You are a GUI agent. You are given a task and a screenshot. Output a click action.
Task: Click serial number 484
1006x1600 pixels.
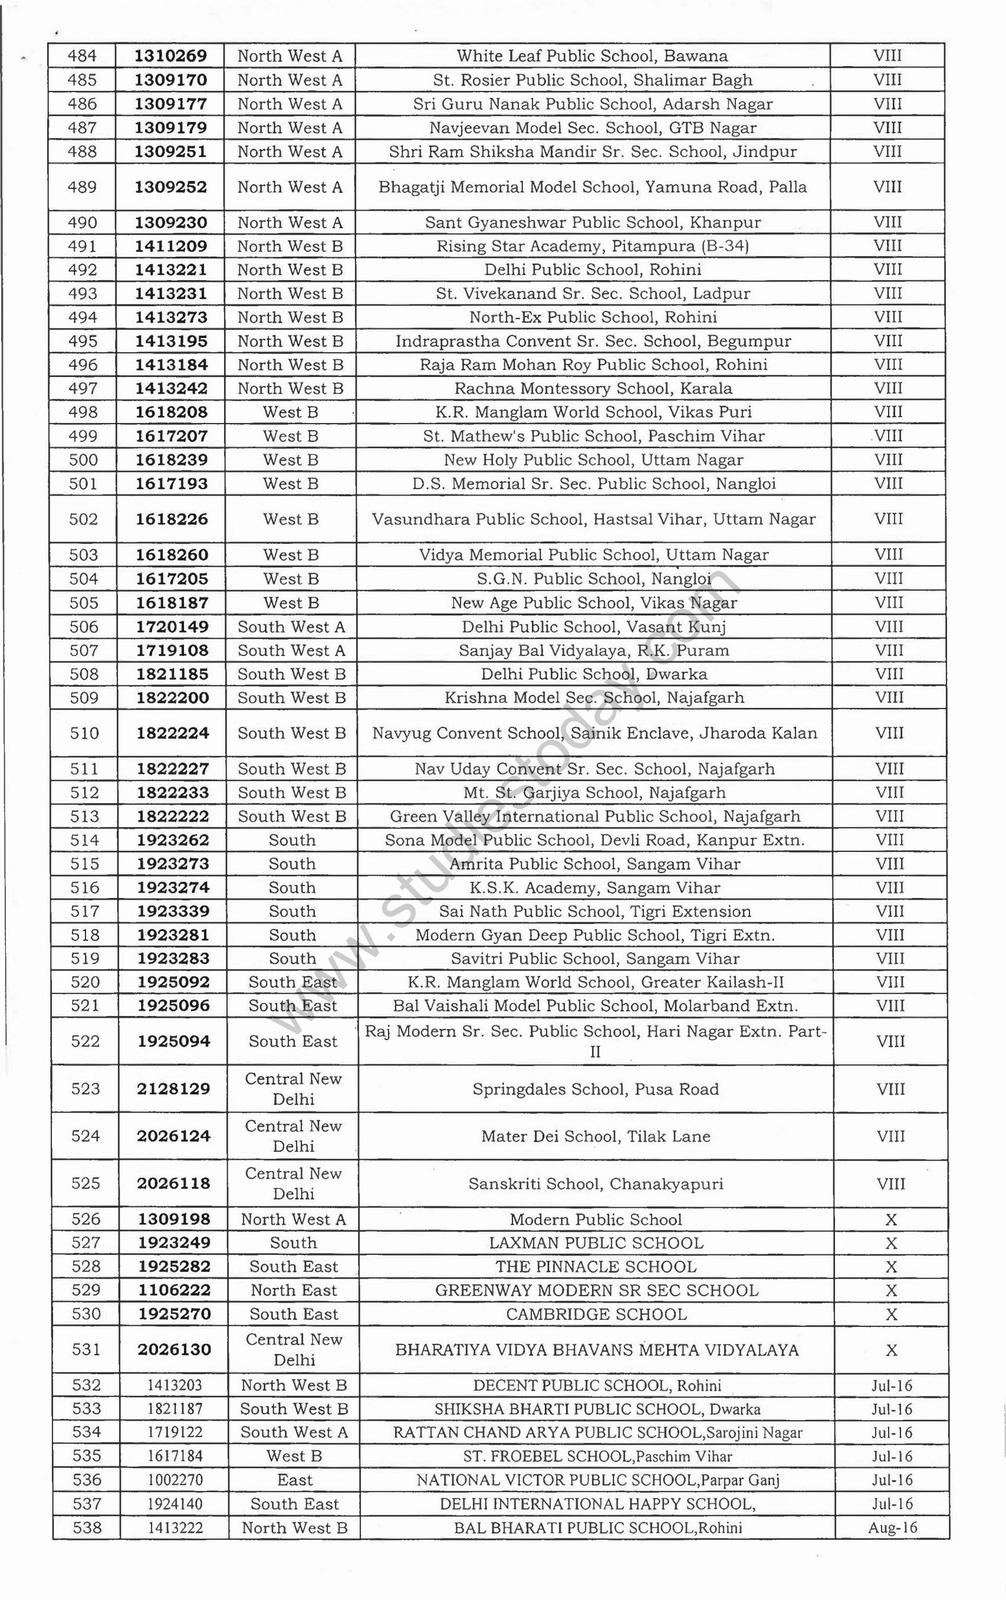(x=82, y=57)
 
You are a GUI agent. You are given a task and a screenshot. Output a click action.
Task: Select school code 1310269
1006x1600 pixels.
(x=170, y=57)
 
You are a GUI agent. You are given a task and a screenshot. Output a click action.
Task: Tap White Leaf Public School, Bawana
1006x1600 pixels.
(x=591, y=57)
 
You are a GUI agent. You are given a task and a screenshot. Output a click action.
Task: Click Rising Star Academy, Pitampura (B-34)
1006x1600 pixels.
(x=592, y=247)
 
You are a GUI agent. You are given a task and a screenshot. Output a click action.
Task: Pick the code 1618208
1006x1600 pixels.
(x=172, y=412)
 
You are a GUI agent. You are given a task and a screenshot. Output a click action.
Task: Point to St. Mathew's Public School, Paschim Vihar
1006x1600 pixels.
(x=594, y=437)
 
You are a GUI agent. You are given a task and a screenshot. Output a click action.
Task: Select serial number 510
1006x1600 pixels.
(x=84, y=733)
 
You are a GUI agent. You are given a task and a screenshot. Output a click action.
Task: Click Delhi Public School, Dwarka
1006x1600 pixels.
(x=594, y=674)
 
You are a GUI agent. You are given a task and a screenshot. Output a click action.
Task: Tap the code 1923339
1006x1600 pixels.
(x=173, y=912)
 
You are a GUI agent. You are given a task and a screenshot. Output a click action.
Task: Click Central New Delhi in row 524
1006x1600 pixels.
(x=293, y=1136)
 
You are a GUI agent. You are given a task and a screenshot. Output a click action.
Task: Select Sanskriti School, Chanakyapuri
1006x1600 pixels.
(x=596, y=1184)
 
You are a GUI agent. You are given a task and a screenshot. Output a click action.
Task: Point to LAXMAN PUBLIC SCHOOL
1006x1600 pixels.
(x=596, y=1243)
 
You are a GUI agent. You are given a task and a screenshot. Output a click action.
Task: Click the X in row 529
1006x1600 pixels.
(x=891, y=1290)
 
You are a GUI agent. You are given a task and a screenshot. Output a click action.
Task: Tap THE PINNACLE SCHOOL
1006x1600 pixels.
(x=596, y=1267)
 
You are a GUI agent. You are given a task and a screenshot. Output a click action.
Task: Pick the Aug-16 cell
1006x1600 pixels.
(x=892, y=1527)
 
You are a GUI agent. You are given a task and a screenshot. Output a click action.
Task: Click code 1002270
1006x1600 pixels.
(x=175, y=1480)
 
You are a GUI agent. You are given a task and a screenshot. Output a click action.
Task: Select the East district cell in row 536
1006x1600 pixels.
(x=294, y=1480)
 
